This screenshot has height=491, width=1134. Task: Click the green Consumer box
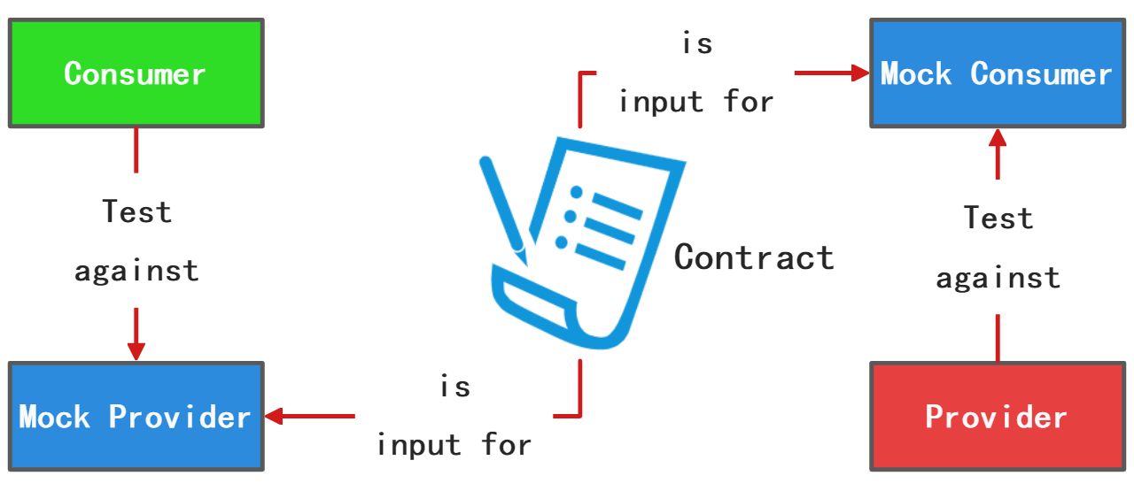(x=136, y=73)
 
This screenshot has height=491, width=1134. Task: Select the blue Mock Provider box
(x=136, y=416)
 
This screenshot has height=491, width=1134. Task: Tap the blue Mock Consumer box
(x=996, y=73)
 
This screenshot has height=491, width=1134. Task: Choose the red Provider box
(x=996, y=416)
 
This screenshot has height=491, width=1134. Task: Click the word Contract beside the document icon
(x=754, y=257)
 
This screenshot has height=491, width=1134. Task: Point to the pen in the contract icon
(x=502, y=208)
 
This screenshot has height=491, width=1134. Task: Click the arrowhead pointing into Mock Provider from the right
(x=274, y=416)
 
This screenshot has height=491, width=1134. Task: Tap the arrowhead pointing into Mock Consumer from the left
(x=858, y=73)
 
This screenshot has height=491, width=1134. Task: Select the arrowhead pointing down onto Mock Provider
(x=136, y=349)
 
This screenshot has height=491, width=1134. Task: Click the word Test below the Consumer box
(x=136, y=212)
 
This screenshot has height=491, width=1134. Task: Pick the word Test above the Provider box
(x=998, y=218)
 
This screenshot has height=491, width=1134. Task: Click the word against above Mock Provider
(x=136, y=270)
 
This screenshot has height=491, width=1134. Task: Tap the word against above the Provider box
(x=998, y=278)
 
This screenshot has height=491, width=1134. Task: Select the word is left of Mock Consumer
(x=696, y=43)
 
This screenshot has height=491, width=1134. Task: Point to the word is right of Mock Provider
(x=455, y=387)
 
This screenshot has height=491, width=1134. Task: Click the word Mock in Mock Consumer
(x=916, y=73)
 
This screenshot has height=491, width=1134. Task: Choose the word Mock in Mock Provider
(x=54, y=417)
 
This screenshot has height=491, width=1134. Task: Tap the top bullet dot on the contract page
(x=577, y=192)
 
